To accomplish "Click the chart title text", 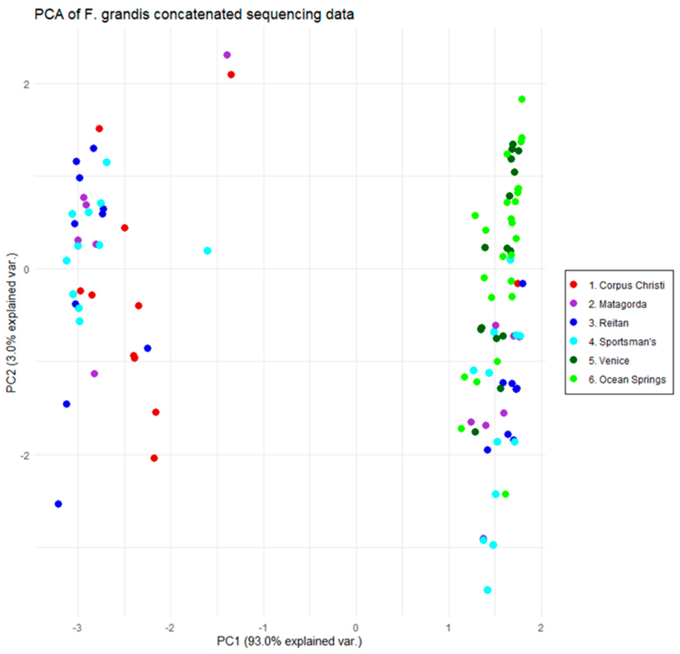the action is click(194, 15).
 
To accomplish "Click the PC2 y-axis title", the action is click(12, 323).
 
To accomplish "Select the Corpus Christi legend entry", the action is click(618, 285).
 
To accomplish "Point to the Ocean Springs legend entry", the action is click(618, 380).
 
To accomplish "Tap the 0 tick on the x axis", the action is click(356, 628).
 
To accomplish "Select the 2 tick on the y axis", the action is click(26, 84).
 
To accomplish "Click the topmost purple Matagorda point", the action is click(227, 55).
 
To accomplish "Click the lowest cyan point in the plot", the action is click(487, 590).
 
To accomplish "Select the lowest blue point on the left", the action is click(58, 504).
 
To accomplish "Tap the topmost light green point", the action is click(522, 99).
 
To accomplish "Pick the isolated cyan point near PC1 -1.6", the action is click(208, 251).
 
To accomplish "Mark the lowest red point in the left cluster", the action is click(154, 458).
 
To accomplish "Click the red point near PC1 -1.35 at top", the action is click(231, 75).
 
